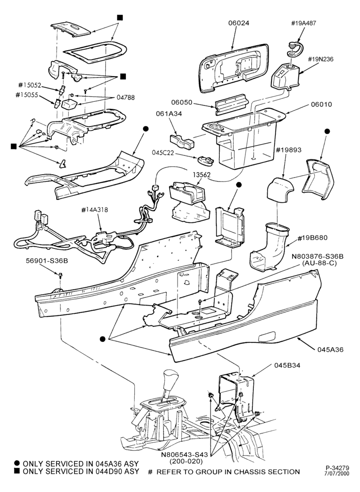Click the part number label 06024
[x=239, y=23]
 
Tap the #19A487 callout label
[x=303, y=23]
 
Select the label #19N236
[x=321, y=59]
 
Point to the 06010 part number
[x=321, y=104]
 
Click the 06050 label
[x=181, y=103]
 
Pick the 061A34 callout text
[x=169, y=114]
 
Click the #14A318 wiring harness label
[x=94, y=210]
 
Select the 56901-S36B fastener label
[x=47, y=261]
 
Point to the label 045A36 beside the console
[x=330, y=349]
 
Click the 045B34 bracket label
[x=287, y=365]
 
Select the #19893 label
[x=289, y=150]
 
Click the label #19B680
[x=312, y=238]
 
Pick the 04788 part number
[x=126, y=97]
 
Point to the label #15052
[x=30, y=85]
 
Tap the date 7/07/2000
[x=337, y=473]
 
